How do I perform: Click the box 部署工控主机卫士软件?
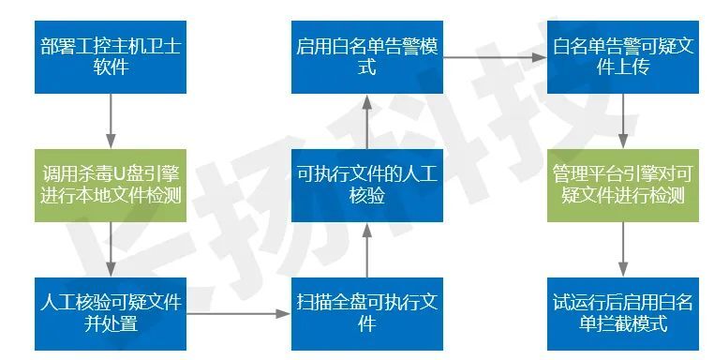click(112, 55)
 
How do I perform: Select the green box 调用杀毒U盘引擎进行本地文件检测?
click(112, 185)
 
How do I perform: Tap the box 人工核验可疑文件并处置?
click(112, 313)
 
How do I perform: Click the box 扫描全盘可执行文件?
click(366, 313)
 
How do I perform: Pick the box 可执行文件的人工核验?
click(366, 185)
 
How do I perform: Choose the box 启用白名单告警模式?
click(366, 55)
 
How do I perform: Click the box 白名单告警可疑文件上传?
click(622, 55)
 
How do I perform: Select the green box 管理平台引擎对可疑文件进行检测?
click(622, 185)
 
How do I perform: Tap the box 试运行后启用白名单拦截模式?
click(622, 313)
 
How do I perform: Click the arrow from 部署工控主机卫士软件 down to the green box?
click(112, 120)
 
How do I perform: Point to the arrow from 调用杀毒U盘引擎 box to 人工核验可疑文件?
click(112, 248)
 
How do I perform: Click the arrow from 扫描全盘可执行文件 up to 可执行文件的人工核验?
click(366, 248)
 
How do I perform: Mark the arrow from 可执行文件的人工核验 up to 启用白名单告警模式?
click(366, 120)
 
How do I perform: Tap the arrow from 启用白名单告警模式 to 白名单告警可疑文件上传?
click(494, 55)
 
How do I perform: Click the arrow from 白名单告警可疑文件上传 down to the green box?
click(622, 120)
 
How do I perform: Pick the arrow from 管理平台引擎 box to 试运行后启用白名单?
click(622, 248)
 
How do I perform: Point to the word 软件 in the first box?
click(112, 67)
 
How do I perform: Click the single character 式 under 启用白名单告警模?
click(366, 67)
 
